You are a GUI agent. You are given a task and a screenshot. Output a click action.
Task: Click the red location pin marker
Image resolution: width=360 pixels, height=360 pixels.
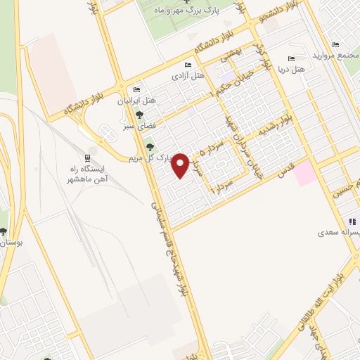click(x=181, y=165)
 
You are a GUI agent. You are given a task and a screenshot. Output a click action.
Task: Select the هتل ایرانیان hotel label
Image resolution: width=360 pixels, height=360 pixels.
click(x=156, y=101)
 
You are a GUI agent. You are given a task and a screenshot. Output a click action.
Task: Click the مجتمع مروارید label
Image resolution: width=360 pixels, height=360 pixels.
click(x=330, y=55)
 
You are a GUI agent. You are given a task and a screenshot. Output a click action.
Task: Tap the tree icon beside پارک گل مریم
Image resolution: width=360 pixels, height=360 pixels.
click(x=149, y=146)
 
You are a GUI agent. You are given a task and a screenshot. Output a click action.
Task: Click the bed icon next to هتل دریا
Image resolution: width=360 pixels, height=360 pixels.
click(x=290, y=59)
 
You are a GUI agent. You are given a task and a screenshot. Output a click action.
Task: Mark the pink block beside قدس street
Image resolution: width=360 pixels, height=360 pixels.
click(x=306, y=173)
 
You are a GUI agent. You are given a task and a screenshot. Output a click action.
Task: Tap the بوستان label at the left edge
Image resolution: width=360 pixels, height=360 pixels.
click(x=11, y=242)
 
